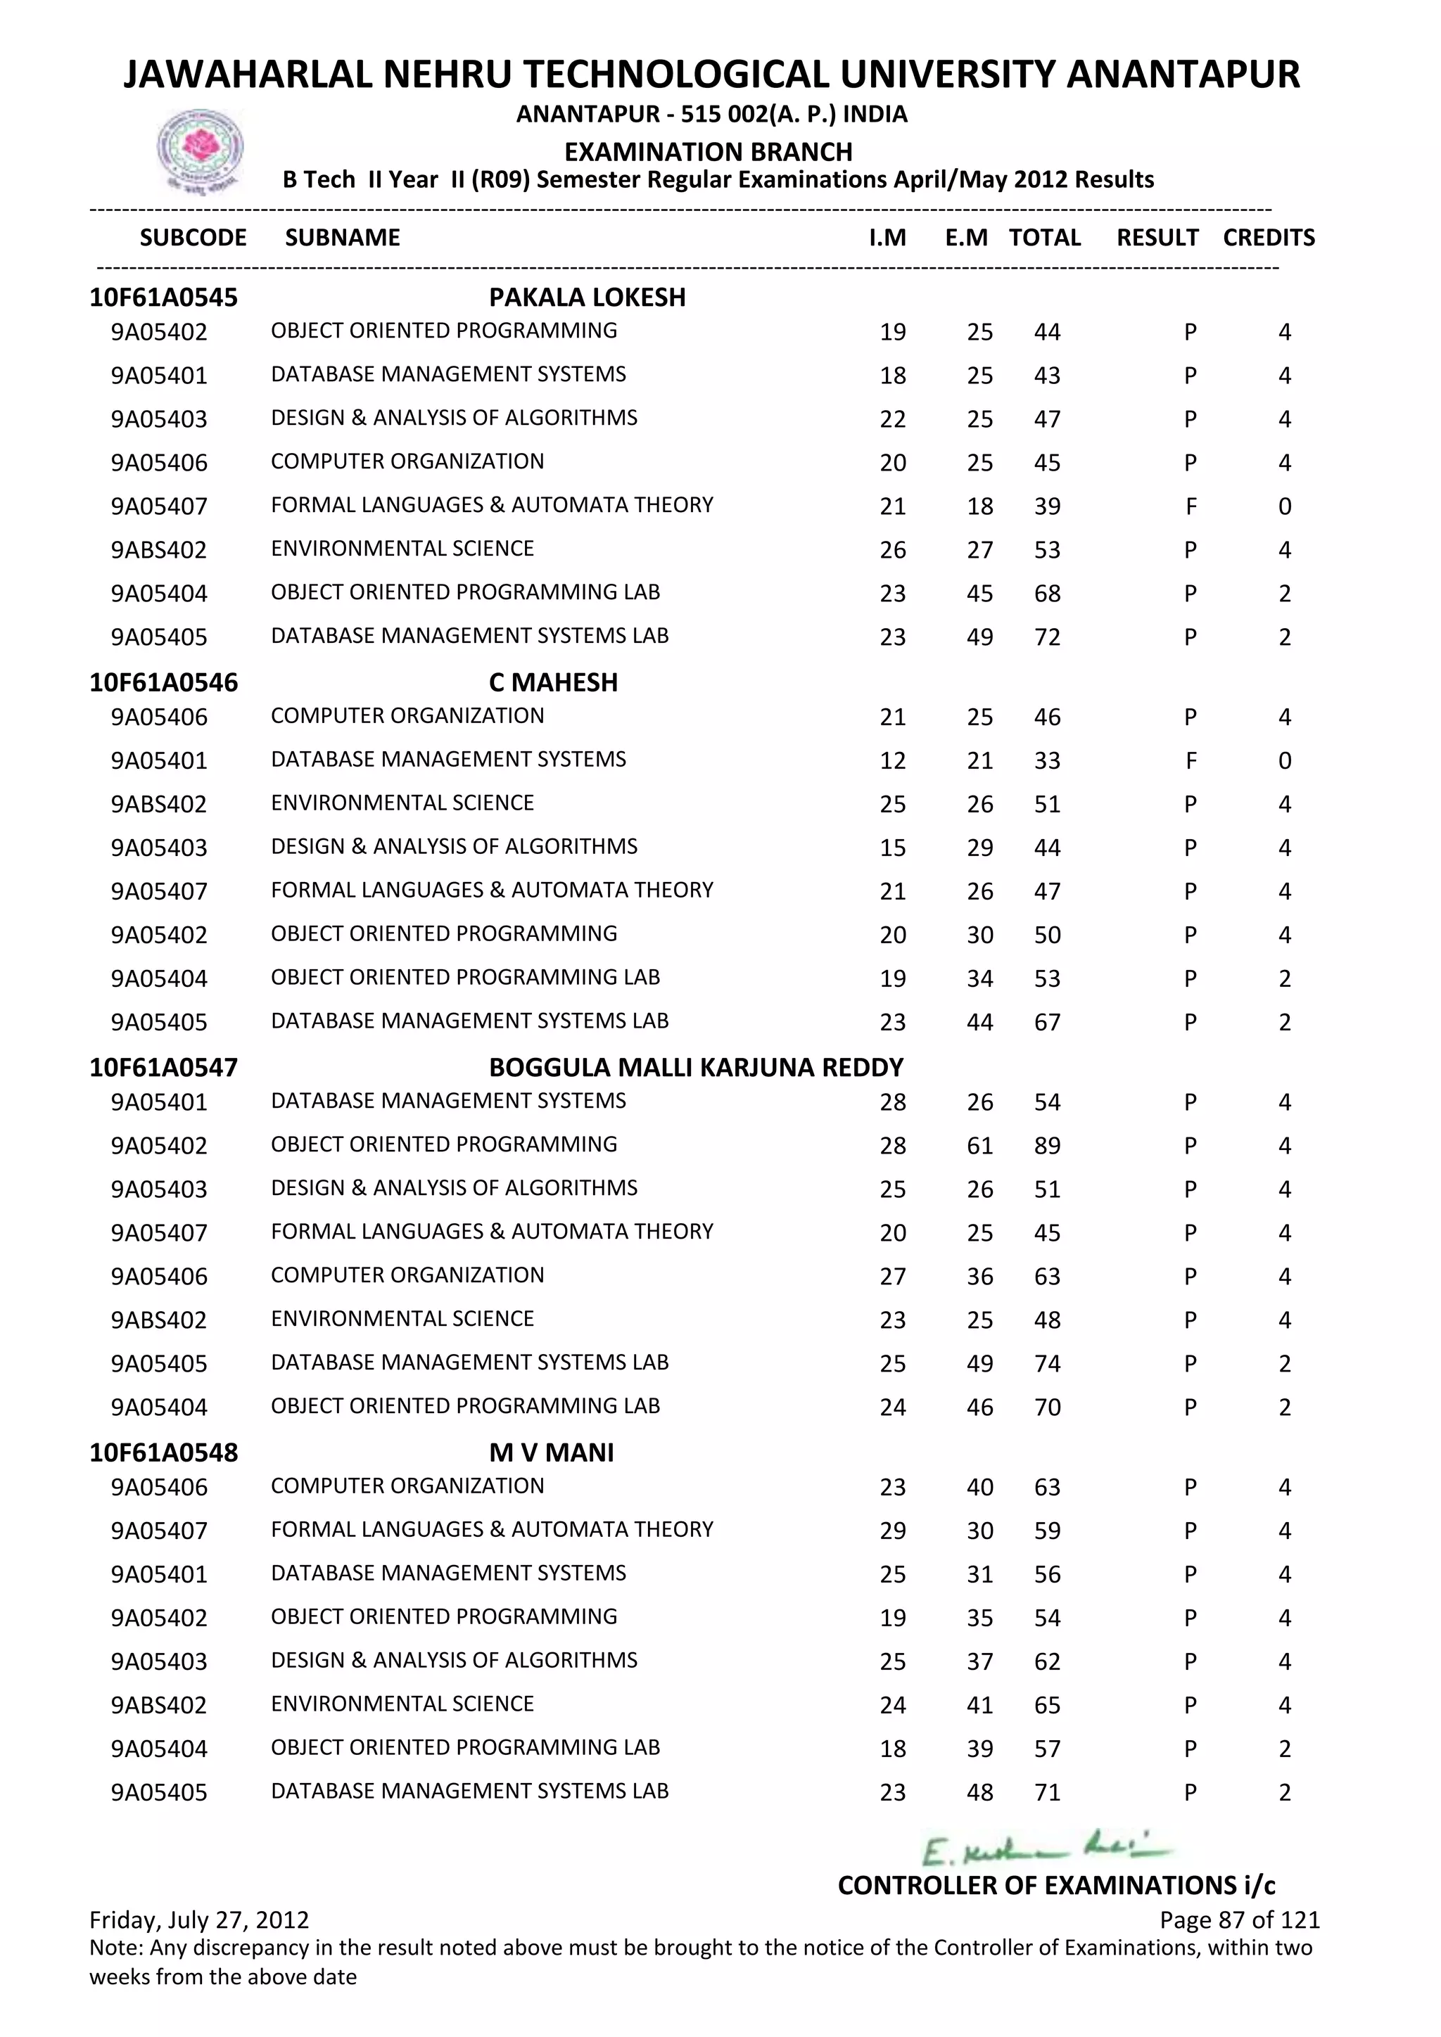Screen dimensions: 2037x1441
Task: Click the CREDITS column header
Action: pos(1268,238)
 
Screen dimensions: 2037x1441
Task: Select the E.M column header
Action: pos(966,238)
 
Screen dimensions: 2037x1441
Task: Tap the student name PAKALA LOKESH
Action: pos(588,298)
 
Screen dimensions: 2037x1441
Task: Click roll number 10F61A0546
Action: pos(164,682)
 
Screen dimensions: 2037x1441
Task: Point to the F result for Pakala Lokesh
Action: pos(1190,506)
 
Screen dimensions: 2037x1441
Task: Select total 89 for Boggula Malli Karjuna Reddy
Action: pos(1047,1145)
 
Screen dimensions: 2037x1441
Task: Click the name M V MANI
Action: pos(551,1452)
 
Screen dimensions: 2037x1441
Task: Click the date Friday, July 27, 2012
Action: pos(200,1920)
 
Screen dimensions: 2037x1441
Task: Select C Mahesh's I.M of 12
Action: pos(893,760)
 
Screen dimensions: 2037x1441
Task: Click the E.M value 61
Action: pos(979,1145)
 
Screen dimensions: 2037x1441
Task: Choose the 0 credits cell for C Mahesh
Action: pos(1284,760)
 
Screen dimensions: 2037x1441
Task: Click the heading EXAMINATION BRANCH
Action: pos(708,152)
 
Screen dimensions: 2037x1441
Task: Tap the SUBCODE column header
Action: pos(193,238)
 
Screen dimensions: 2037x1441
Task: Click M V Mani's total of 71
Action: pos(1047,1792)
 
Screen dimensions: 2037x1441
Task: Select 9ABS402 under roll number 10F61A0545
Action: pos(159,550)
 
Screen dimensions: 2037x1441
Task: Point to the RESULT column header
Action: pos(1157,238)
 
